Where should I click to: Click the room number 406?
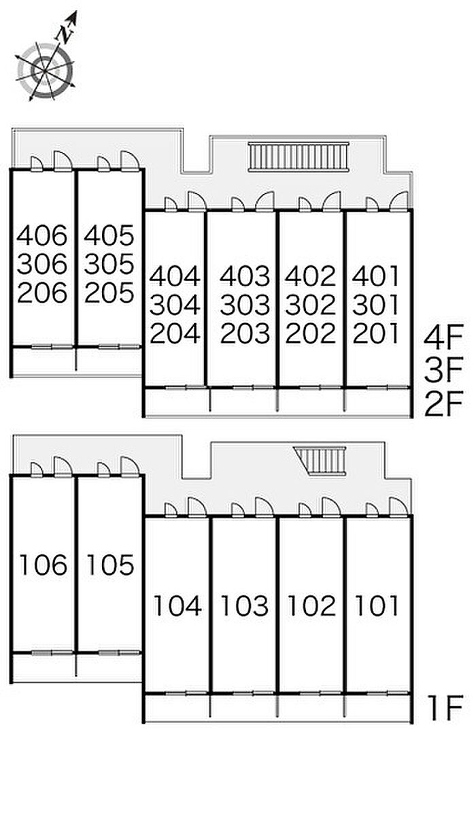(x=42, y=235)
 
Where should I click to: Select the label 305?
(x=109, y=264)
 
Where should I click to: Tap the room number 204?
(x=175, y=333)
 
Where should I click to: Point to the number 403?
(x=245, y=276)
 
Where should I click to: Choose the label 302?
(x=311, y=305)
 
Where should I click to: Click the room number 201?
(x=376, y=333)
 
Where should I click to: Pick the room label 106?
(x=44, y=565)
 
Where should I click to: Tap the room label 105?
(x=110, y=565)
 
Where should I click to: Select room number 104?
(x=177, y=605)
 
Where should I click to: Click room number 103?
(x=245, y=605)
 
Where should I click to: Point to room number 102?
(x=312, y=605)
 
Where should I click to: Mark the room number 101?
(x=377, y=605)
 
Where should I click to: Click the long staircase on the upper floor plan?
(x=299, y=157)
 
